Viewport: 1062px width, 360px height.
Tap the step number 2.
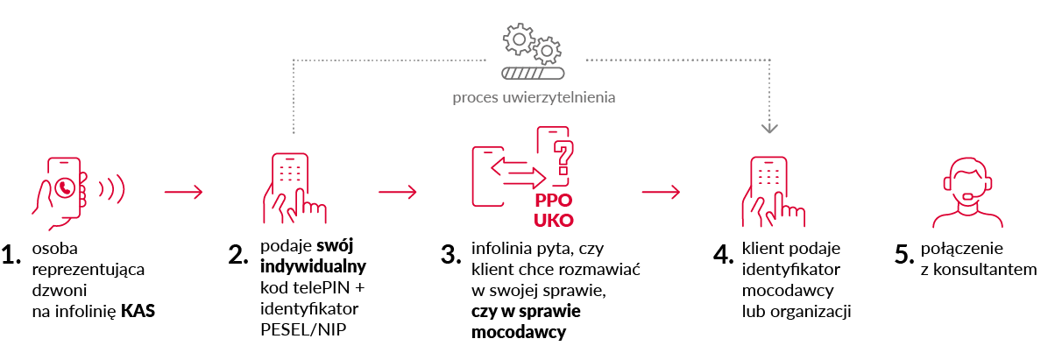pos(239,256)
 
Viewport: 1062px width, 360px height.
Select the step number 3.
pos(450,256)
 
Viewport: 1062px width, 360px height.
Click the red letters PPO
pos(554,199)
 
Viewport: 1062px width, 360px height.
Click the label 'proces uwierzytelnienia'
pos(534,96)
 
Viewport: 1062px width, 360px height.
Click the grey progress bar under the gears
pos(532,74)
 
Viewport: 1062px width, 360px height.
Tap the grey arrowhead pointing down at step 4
pos(768,129)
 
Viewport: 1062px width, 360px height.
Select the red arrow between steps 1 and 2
pos(184,191)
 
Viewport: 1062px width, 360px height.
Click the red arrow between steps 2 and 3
pos(399,191)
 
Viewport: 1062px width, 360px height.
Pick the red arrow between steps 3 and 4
pos(661,191)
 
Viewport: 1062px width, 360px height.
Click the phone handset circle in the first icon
pos(64,187)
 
